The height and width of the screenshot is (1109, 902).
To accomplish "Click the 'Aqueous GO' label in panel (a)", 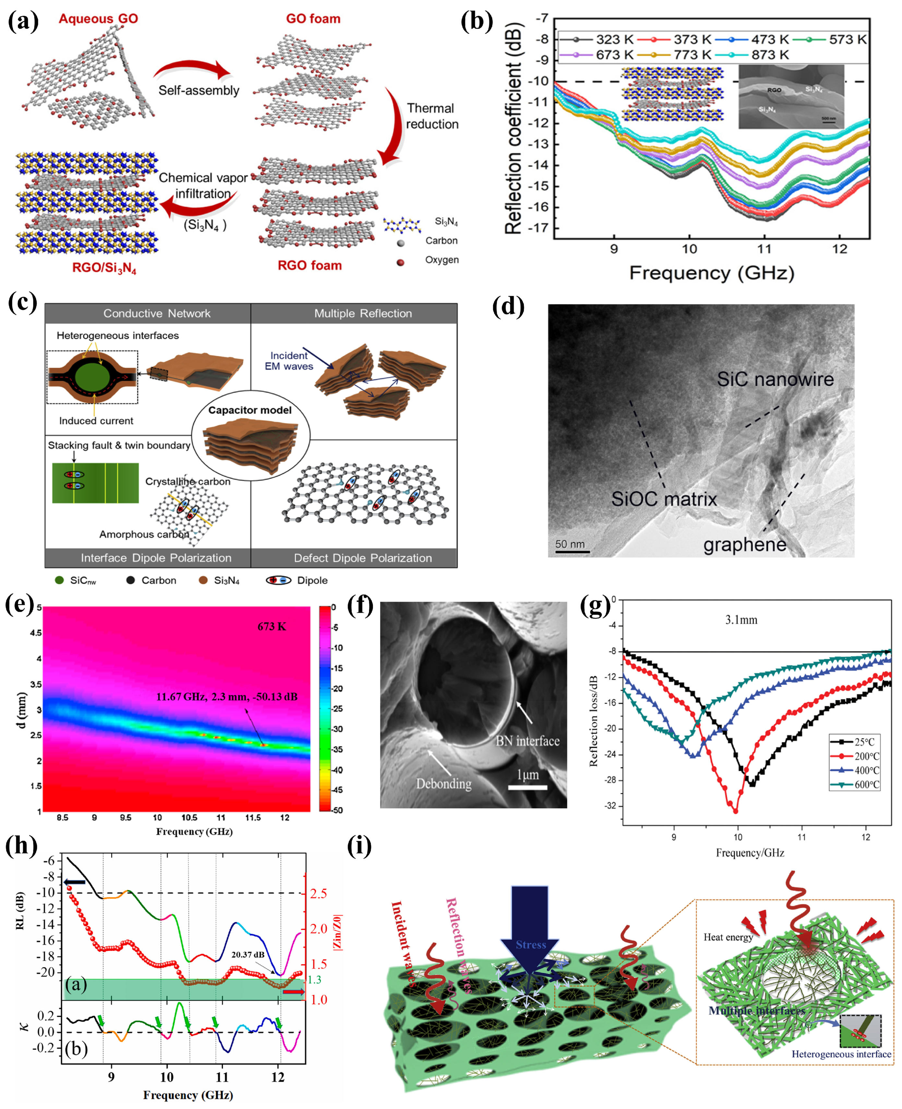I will click(98, 19).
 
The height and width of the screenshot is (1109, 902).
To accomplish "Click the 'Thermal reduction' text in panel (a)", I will click(431, 116).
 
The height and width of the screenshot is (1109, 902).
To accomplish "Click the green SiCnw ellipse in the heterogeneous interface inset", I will click(92, 376).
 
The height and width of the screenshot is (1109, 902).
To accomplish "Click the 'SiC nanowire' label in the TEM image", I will click(775, 379).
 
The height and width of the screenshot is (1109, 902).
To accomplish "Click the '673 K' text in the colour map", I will click(271, 626).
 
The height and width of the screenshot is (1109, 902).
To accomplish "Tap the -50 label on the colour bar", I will click(337, 810).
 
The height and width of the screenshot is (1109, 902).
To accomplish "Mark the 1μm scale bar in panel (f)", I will click(528, 787).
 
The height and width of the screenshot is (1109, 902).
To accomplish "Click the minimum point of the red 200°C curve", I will click(735, 811).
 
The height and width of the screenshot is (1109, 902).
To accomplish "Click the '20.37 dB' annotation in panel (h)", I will click(247, 954).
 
